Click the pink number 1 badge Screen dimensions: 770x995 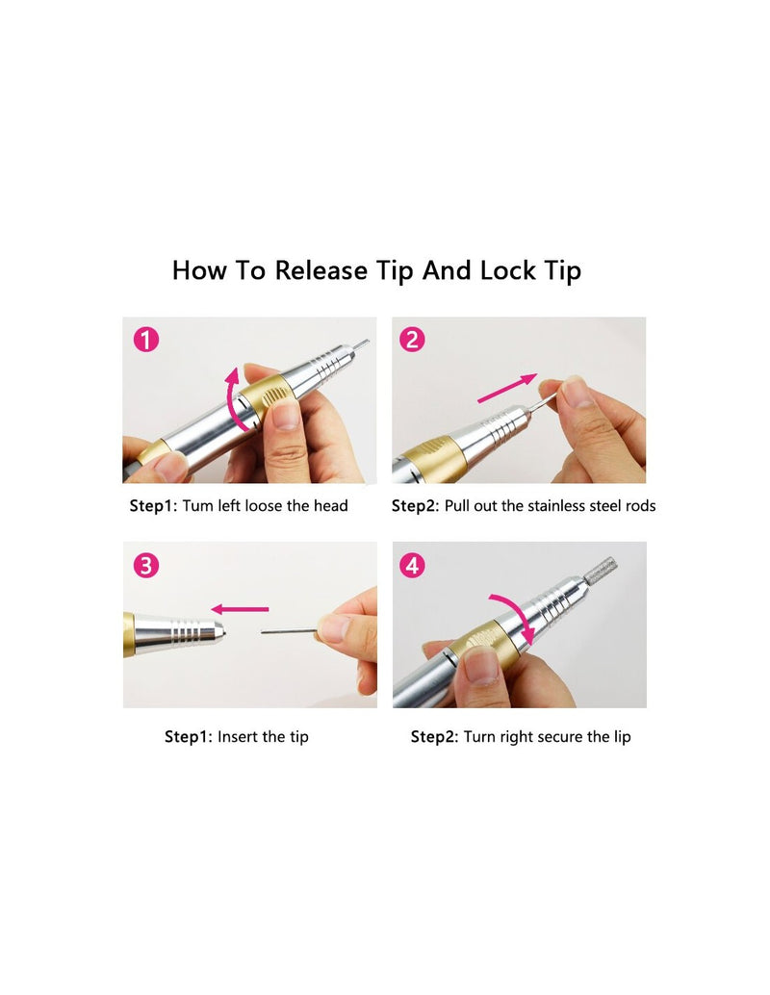(x=146, y=340)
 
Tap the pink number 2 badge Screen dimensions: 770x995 (x=412, y=340)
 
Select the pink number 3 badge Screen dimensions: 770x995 (x=146, y=565)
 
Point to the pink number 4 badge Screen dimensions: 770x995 (x=413, y=565)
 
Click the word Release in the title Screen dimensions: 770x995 (x=321, y=271)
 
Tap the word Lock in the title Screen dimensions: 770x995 (x=508, y=271)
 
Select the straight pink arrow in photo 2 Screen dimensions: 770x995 (x=507, y=388)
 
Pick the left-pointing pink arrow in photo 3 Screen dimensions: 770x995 (x=240, y=609)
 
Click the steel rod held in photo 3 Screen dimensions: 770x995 (x=289, y=631)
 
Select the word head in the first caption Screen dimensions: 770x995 (x=331, y=506)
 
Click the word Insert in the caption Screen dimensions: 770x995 (x=237, y=737)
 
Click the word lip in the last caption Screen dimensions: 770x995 (x=622, y=737)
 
